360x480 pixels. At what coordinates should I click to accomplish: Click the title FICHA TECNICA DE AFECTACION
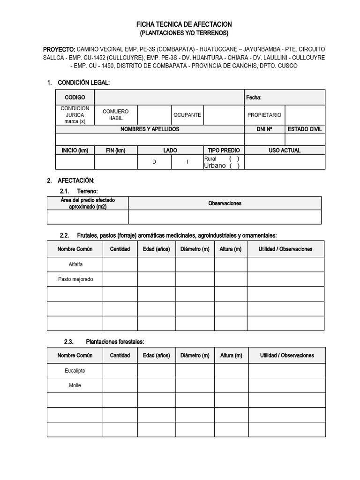pyautogui.click(x=184, y=24)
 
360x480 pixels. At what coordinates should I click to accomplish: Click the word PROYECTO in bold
pyautogui.click(x=59, y=49)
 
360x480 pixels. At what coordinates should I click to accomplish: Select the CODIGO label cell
pyautogui.click(x=75, y=97)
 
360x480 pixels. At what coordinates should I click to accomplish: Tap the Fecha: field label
pyautogui.click(x=254, y=97)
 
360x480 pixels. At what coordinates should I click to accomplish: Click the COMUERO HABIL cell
pyautogui.click(x=115, y=115)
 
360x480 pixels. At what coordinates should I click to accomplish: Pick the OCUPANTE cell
pyautogui.click(x=187, y=115)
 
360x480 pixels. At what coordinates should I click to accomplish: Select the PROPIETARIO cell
pyautogui.click(x=264, y=115)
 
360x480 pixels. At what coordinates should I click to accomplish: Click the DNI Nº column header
pyautogui.click(x=264, y=129)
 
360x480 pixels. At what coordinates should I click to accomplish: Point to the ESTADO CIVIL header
pyautogui.click(x=305, y=129)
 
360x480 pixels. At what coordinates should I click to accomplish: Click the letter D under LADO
pyautogui.click(x=154, y=162)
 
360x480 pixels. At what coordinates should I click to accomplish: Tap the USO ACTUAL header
pyautogui.click(x=285, y=150)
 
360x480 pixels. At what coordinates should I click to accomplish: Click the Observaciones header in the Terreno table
pyautogui.click(x=225, y=203)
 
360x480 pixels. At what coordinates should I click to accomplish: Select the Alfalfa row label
pyautogui.click(x=75, y=264)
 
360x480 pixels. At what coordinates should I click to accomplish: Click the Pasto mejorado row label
pyautogui.click(x=75, y=279)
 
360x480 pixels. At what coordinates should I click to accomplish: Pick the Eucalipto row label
pyautogui.click(x=75, y=371)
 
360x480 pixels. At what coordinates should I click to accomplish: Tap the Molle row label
pyautogui.click(x=75, y=385)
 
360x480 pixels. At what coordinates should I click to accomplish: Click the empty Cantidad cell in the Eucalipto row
pyautogui.click(x=120, y=371)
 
